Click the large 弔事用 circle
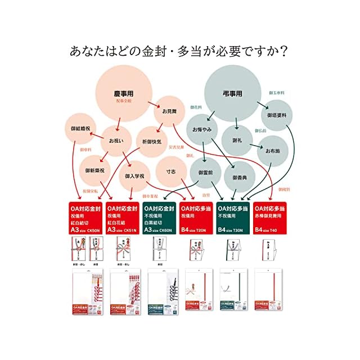click(232, 91)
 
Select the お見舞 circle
click(169, 111)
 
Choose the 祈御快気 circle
click(152, 141)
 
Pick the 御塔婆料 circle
click(277, 115)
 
